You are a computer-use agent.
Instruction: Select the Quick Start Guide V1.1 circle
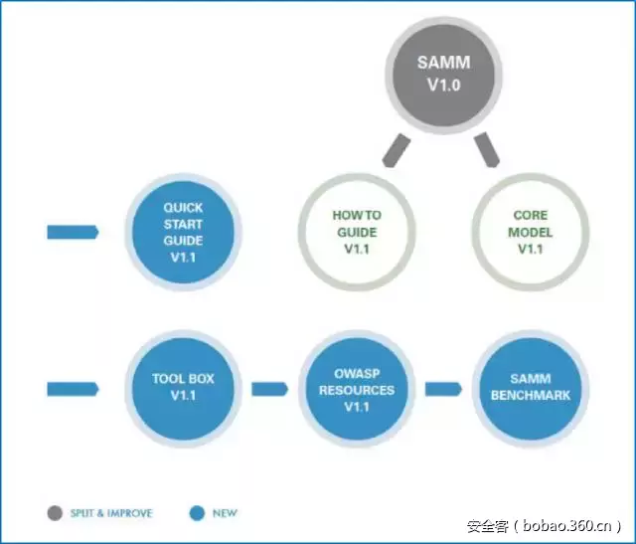pos(183,232)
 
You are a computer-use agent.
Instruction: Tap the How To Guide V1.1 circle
pos(357,232)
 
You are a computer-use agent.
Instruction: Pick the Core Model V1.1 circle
pos(530,232)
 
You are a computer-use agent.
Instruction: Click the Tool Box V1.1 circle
pos(183,387)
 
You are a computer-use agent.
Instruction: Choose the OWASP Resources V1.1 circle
pos(357,387)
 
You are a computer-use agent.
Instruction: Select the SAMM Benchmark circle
pos(530,387)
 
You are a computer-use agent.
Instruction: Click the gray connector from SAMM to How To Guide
pos(396,150)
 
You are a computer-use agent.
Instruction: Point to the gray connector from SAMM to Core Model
pos(487,150)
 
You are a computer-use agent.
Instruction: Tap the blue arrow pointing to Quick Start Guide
pos(73,232)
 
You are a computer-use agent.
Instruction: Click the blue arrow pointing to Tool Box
pos(73,387)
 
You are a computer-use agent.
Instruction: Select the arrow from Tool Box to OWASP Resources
pos(269,387)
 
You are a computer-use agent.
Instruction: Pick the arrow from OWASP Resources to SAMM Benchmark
pos(443,387)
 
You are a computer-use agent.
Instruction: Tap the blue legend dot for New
pos(197,513)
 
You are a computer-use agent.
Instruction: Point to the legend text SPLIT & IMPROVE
pos(111,513)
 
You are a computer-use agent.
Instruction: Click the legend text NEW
pos(226,513)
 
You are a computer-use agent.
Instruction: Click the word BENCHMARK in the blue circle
pos(531,395)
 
